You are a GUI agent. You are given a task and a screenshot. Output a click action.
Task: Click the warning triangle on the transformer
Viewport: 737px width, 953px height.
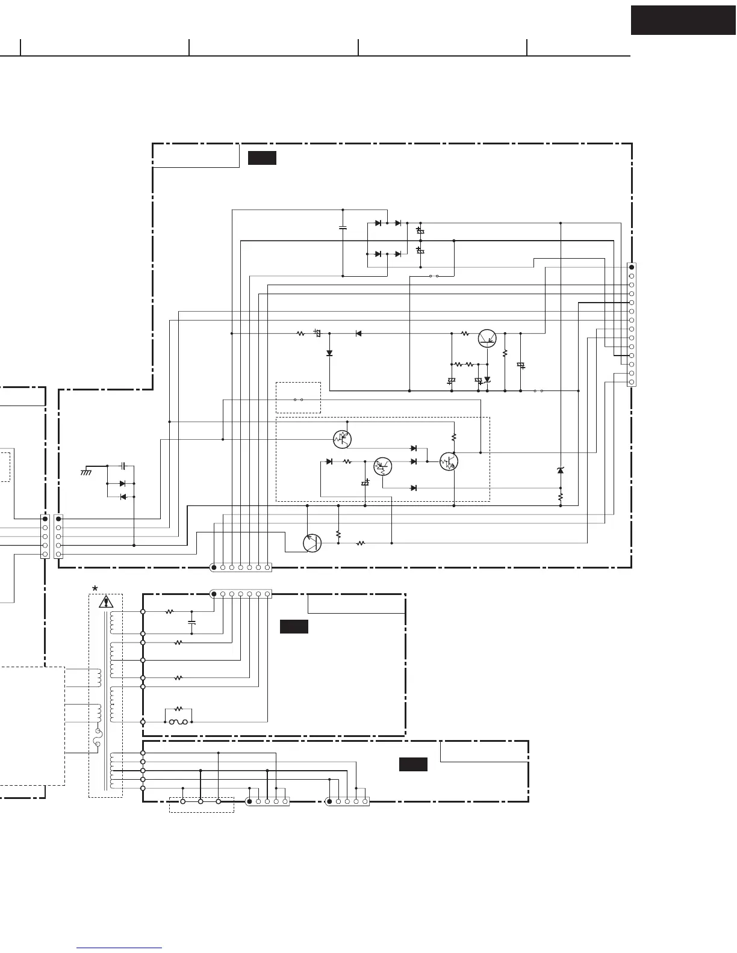tap(107, 601)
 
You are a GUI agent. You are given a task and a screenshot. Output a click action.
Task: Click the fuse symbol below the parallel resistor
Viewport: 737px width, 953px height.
tap(178, 721)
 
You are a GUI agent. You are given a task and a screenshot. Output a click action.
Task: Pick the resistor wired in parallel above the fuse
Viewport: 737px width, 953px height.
tap(178, 709)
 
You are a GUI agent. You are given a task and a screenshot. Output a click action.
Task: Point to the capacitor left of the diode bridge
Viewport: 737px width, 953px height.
tap(343, 228)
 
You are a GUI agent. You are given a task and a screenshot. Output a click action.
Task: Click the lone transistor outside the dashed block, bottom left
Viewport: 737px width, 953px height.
tap(312, 543)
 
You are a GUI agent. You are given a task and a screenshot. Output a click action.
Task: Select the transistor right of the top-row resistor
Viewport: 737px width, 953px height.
tap(487, 338)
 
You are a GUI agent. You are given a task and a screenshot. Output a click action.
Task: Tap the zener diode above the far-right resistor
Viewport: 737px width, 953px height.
tap(561, 470)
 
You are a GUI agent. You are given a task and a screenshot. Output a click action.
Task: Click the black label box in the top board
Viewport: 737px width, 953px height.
tap(262, 158)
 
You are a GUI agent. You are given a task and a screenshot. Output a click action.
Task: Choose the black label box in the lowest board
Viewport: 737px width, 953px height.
tap(413, 765)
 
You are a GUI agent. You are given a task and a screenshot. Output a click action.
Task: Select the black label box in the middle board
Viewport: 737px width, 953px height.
tap(294, 627)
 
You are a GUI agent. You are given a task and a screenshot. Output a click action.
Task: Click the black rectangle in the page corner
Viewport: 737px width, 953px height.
tap(683, 20)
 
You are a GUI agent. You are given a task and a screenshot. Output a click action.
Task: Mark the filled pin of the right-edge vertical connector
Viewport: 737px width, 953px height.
tap(631, 267)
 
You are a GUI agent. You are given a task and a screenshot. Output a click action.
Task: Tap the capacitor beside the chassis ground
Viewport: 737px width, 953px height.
tap(123, 466)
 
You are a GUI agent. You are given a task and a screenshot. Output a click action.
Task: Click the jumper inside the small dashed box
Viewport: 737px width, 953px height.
tap(298, 399)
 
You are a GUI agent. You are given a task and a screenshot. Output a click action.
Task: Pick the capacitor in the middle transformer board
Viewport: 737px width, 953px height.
tap(192, 622)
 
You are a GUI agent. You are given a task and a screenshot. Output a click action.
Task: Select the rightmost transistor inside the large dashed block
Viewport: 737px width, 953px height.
tap(449, 462)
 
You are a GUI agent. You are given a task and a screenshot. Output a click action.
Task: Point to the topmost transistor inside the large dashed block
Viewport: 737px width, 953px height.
tap(341, 439)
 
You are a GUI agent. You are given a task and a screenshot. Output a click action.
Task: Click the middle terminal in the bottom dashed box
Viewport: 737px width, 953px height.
tap(201, 801)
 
